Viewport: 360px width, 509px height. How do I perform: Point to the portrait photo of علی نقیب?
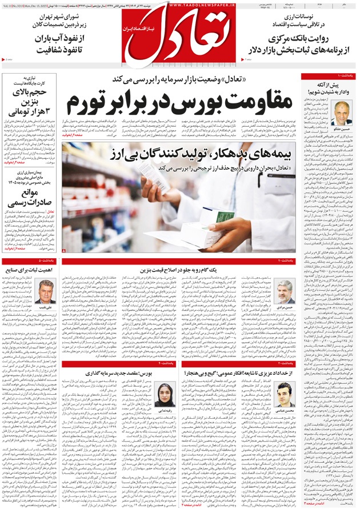47,291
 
